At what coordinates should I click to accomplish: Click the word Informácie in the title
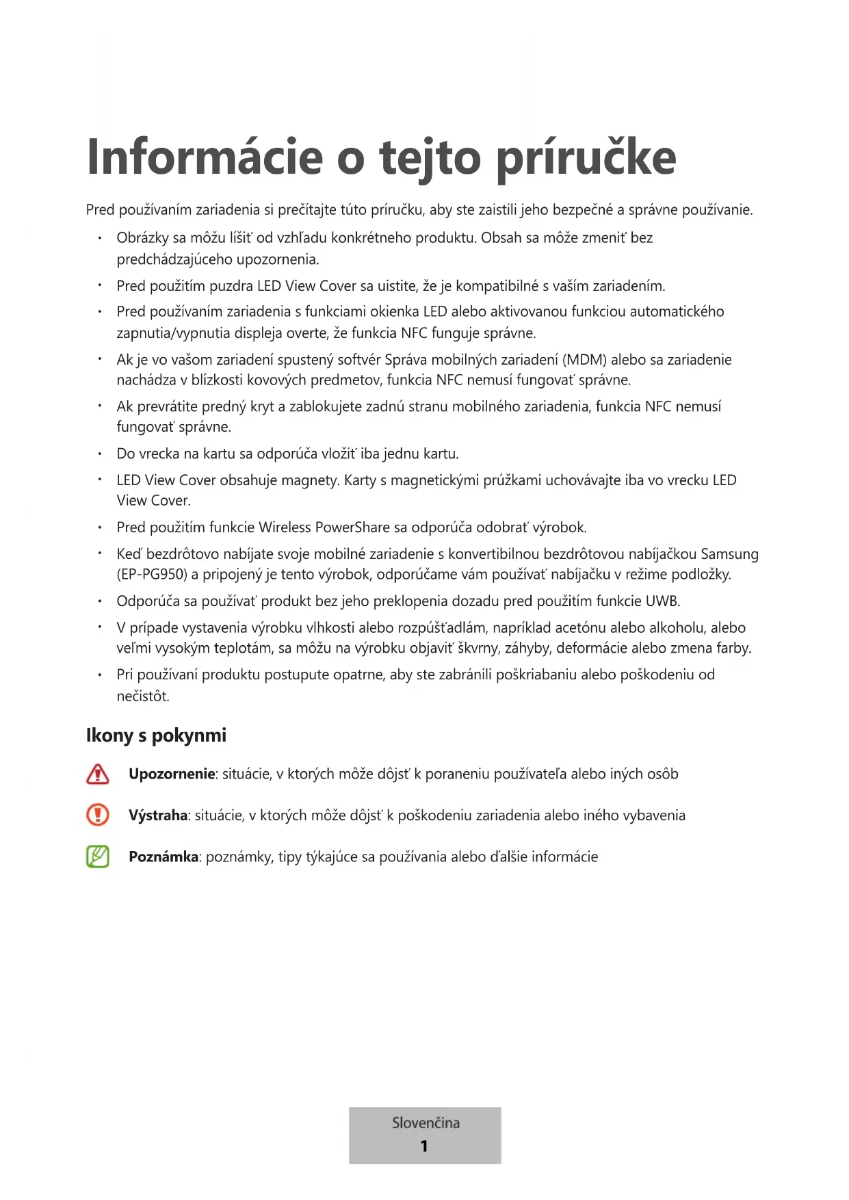205,157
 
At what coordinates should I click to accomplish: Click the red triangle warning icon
98,774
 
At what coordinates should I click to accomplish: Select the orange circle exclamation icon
98,815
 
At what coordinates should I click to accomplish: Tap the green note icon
98,857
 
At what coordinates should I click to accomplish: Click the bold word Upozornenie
172,774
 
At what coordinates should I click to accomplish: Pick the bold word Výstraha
158,815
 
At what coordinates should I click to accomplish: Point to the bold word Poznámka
164,857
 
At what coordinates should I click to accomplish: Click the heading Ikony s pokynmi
156,735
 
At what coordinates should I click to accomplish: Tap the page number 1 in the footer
424,1146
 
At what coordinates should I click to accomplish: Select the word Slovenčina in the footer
426,1123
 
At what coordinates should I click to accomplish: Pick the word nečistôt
142,696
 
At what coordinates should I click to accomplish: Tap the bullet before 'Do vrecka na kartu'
100,454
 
